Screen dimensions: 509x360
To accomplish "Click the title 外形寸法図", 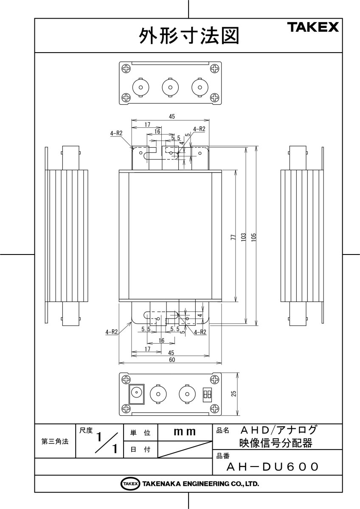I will pos(189,36).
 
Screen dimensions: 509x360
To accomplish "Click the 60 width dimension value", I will pos(172,360).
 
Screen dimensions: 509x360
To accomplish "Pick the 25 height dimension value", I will pos(233,394).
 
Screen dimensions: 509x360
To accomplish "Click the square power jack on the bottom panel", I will pos(137,394).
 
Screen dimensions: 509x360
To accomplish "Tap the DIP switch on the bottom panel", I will pos(208,394).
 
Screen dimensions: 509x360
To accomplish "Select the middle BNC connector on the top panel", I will pos(169,87).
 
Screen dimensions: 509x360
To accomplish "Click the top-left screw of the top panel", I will pos(127,68).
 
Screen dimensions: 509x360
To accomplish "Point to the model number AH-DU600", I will pos(272,467).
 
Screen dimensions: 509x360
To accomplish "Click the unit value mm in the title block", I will pos(185,432).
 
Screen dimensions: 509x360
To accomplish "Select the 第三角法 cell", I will pos(55,441).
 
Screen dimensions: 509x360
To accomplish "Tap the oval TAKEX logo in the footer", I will pos(130,484).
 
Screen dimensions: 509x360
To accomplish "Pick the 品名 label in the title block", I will pos(223,431).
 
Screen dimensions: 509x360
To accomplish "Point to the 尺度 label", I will pos(86,431).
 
